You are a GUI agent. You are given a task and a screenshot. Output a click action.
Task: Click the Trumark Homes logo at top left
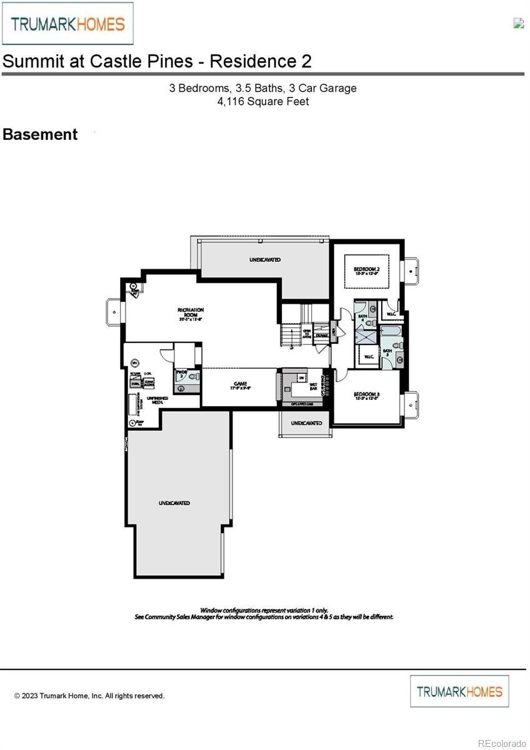[x=67, y=24]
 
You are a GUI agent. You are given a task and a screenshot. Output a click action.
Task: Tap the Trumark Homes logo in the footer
[x=459, y=691]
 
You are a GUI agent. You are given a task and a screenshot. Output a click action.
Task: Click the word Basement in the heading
[x=40, y=134]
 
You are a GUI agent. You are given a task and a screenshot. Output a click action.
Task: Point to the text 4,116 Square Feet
[x=263, y=101]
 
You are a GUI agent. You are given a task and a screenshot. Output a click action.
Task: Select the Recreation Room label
[x=191, y=313]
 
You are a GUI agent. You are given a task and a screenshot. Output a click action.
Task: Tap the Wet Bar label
[x=314, y=387]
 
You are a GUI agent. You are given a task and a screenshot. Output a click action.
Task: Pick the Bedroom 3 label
[x=367, y=396]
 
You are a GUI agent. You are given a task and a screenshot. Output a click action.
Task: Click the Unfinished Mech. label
[x=155, y=400]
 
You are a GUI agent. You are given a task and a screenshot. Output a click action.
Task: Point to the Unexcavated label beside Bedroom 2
[x=265, y=259]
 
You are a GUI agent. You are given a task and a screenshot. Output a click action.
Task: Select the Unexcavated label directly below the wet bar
[x=306, y=423]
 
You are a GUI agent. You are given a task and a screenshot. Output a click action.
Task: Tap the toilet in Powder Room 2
[x=193, y=377]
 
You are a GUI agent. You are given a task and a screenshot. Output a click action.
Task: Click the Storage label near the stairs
[x=322, y=336]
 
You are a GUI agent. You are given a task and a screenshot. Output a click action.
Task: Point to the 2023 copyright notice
[x=89, y=696]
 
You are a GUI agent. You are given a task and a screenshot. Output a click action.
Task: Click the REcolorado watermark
[x=502, y=743]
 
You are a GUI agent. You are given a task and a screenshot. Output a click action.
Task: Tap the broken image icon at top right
[x=518, y=23]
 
